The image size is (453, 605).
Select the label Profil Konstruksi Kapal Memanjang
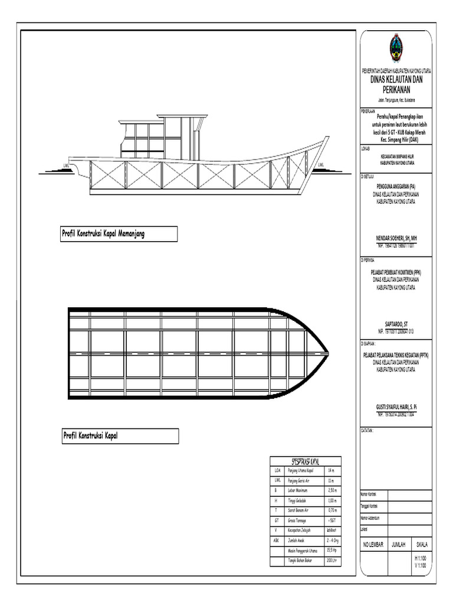103,234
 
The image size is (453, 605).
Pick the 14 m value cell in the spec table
331,471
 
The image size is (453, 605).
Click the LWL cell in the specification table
277,481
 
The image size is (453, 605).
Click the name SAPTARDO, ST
396,323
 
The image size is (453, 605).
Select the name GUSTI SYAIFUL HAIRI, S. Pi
396,407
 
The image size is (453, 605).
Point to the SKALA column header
422,544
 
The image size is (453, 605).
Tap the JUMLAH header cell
399,544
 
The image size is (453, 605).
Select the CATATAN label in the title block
367,431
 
